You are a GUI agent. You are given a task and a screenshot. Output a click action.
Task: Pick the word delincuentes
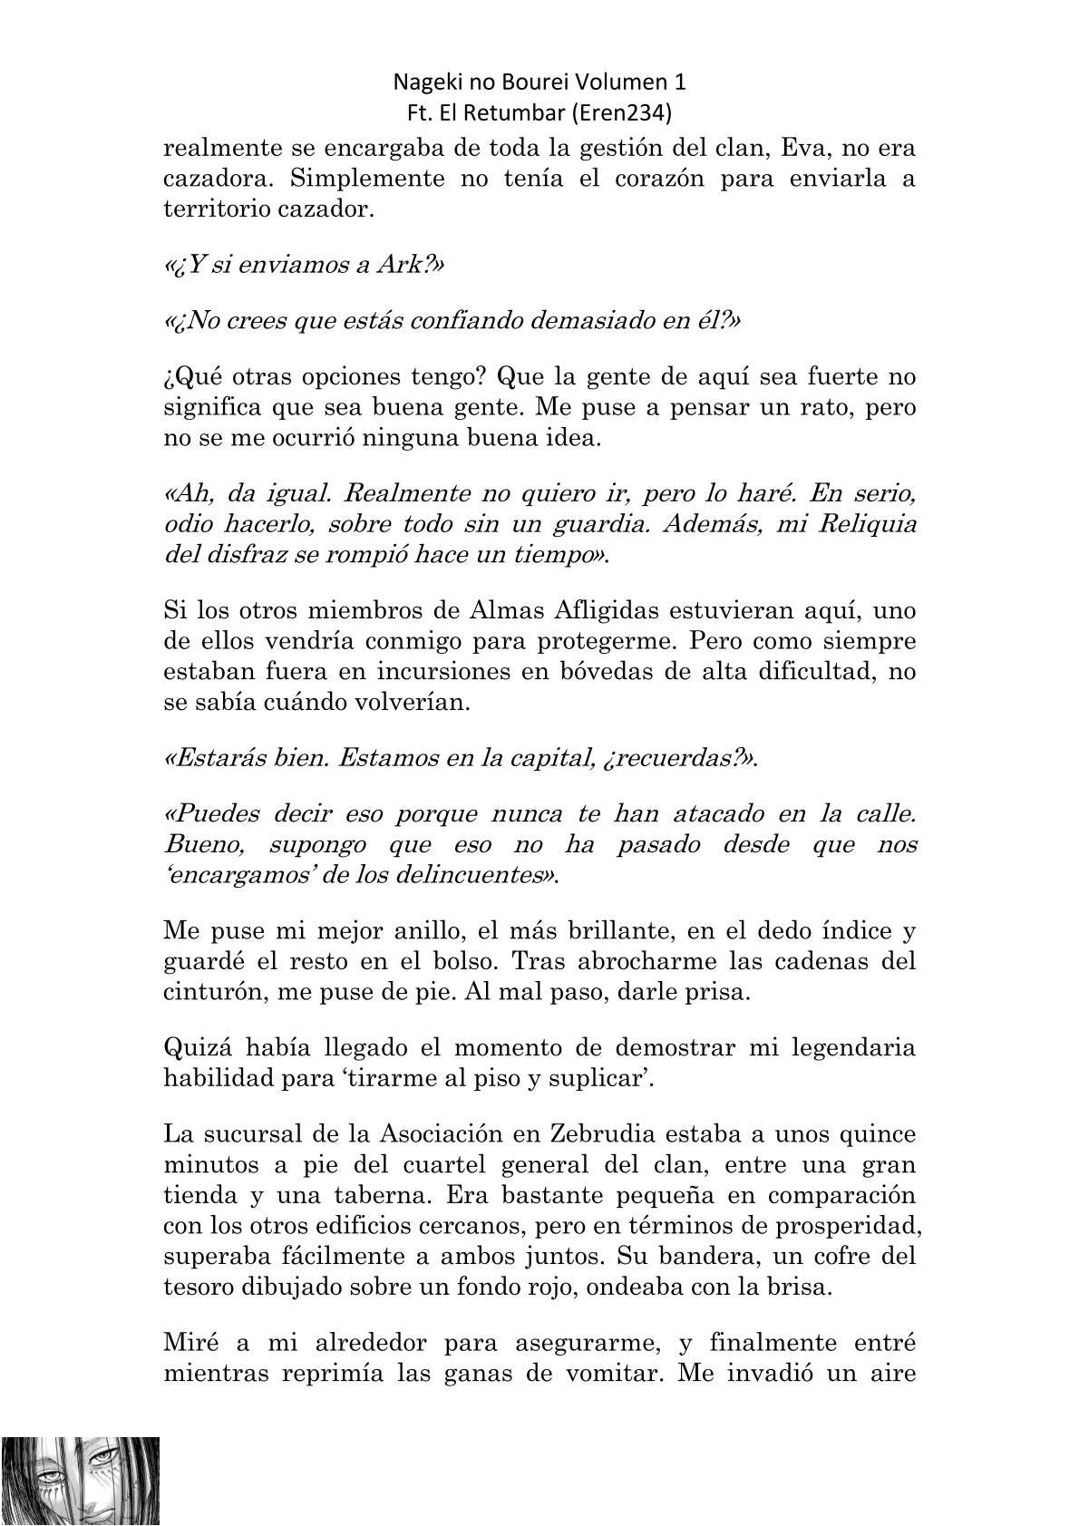(x=445, y=875)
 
